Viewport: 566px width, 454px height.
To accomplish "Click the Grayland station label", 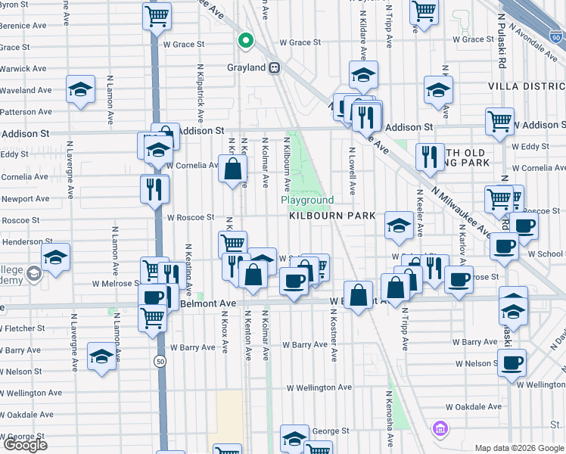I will tap(247, 67).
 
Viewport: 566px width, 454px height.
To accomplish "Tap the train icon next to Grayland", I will tap(275, 67).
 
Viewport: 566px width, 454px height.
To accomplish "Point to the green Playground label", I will tap(307, 201).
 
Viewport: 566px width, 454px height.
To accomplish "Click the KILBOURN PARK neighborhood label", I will tap(332, 216).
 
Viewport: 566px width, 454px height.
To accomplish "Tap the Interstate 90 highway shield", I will tap(556, 36).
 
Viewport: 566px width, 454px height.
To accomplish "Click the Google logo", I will tap(24, 445).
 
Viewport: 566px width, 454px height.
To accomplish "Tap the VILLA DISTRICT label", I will tap(527, 87).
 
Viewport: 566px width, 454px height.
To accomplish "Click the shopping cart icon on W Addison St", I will tap(499, 120).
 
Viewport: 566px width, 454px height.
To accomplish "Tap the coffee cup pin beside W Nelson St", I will tap(511, 362).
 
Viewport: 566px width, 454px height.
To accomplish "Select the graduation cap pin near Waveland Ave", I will tap(79, 89).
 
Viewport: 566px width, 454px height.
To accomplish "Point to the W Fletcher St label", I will tap(23, 329).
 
